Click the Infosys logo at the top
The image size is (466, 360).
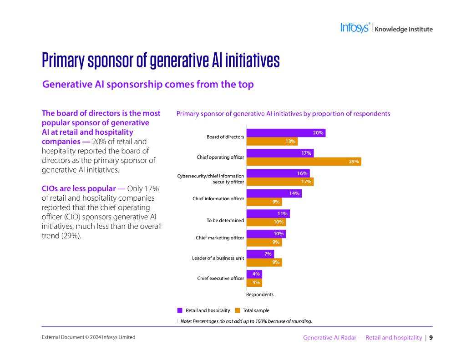pos(355,28)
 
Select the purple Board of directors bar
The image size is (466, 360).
pos(286,133)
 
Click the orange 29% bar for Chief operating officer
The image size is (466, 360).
pos(304,161)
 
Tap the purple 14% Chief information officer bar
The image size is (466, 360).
pos(274,193)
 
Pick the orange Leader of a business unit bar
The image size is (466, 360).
pos(264,262)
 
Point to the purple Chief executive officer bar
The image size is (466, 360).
pos(254,274)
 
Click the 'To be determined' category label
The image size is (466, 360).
pos(225,221)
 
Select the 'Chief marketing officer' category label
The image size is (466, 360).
pos(220,238)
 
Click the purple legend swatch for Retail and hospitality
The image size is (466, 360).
pos(180,310)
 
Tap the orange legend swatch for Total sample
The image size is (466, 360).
pos(238,310)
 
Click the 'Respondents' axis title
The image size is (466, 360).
pos(260,294)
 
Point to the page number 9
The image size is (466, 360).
pos(431,338)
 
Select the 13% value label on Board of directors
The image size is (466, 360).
pos(290,142)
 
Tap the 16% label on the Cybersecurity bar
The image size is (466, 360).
pos(302,173)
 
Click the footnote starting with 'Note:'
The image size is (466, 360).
pos(246,321)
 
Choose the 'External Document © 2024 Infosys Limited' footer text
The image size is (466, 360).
pos(88,337)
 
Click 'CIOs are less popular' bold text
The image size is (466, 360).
pos(79,188)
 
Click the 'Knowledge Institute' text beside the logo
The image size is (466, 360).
pos(403,30)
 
